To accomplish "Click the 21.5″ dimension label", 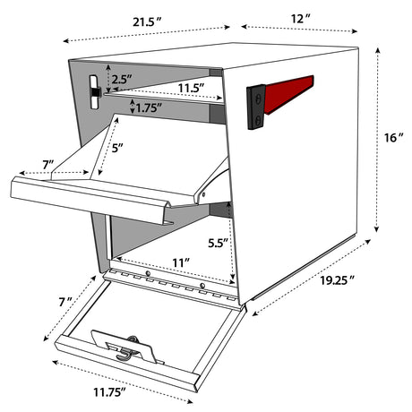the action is click(147, 22).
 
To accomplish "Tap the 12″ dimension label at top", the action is click(301, 19).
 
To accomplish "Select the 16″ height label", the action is click(394, 138).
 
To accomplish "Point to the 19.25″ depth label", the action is click(338, 280).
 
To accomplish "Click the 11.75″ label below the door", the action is click(109, 392).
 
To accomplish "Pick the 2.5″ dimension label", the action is click(122, 80).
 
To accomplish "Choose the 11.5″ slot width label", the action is click(192, 88).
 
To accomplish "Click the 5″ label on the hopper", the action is click(117, 148).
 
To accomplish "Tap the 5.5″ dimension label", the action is click(218, 244).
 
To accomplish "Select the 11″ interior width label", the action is click(181, 263).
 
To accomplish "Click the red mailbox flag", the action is click(288, 94).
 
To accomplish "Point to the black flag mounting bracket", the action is click(256, 107).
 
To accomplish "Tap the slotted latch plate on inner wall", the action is click(95, 92).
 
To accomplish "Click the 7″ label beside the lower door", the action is click(65, 302).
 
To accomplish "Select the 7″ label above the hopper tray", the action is click(47, 164).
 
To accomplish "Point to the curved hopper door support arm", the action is click(211, 181).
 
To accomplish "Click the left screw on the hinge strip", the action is click(148, 273).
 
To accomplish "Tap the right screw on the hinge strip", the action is click(202, 286).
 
